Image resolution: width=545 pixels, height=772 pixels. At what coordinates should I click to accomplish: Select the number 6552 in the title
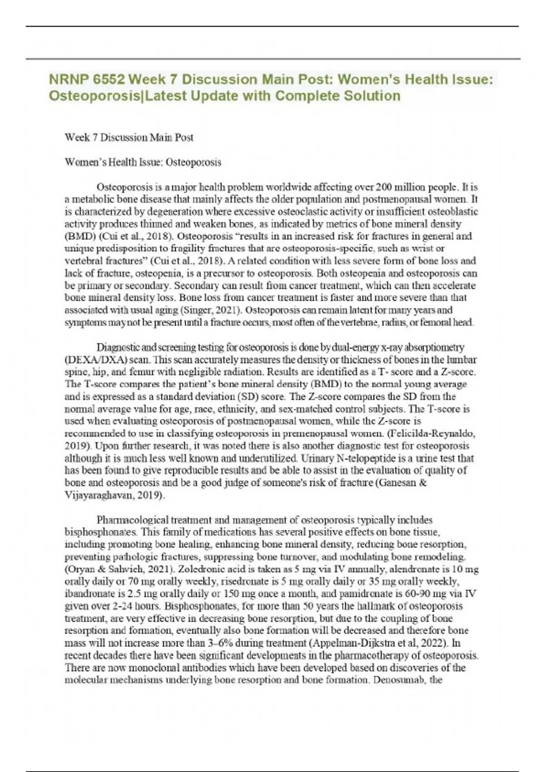tap(109, 80)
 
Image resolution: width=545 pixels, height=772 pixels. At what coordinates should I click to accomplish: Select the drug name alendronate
tap(415, 569)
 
